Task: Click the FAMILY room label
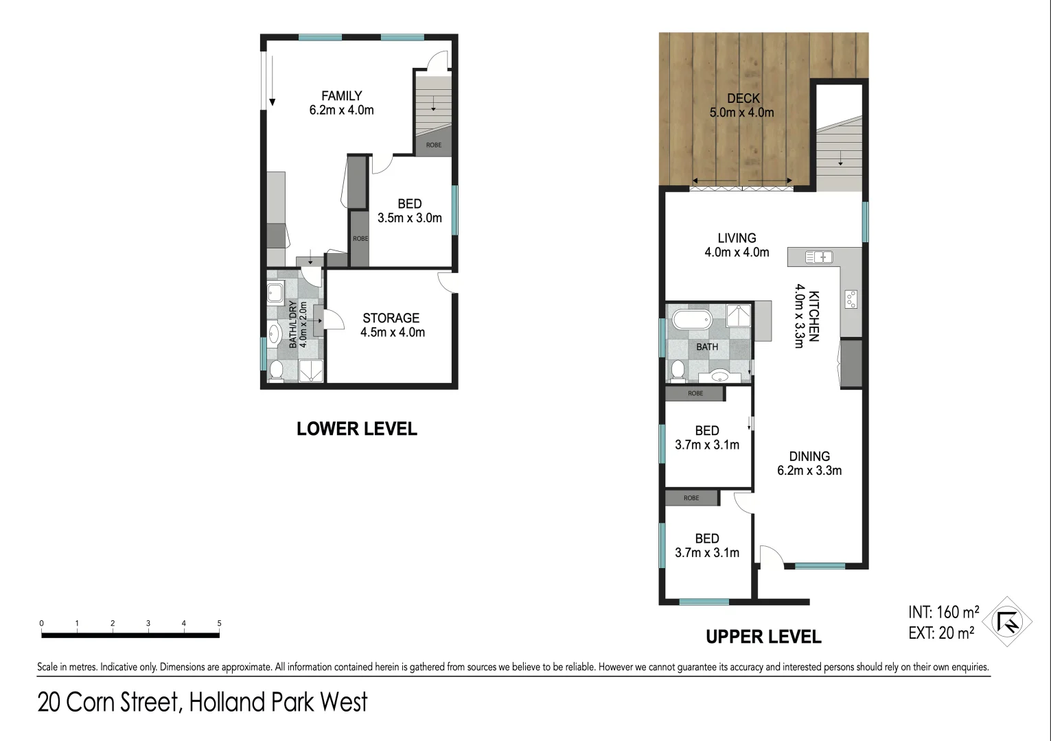coord(341,96)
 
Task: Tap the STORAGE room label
coord(391,318)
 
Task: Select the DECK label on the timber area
coord(743,99)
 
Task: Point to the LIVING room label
coord(737,238)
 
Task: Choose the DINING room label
coord(809,456)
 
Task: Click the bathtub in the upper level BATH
coord(689,320)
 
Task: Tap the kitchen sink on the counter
coord(819,257)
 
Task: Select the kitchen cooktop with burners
coord(851,299)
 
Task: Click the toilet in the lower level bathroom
coord(277,370)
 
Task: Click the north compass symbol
coord(1007,622)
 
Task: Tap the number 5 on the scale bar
coord(220,624)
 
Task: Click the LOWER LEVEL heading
coord(356,429)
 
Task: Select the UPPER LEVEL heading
coord(763,637)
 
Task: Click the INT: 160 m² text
coord(943,612)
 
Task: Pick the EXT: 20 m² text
coord(940,633)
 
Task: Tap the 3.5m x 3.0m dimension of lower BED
coord(409,218)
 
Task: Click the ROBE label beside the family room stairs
coord(434,145)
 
